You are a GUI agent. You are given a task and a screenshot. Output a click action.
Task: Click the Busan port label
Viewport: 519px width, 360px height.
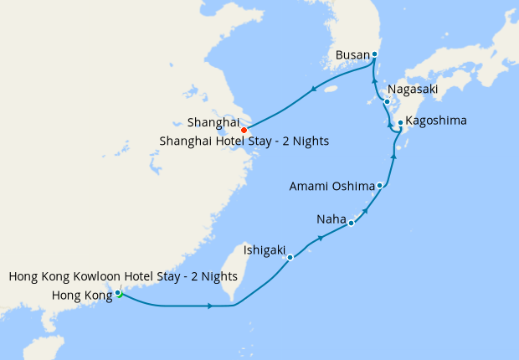coord(352,55)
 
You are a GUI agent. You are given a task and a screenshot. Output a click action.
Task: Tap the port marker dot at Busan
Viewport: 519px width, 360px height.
coord(374,54)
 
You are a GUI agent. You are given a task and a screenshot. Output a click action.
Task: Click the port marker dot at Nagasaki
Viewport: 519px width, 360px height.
coord(387,102)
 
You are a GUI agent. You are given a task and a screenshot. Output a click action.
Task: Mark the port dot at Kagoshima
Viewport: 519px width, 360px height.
coord(400,123)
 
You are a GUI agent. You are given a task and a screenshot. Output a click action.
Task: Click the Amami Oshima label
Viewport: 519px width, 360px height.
coord(333,185)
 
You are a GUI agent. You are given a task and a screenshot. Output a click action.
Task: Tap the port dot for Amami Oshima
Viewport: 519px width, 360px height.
coord(380,185)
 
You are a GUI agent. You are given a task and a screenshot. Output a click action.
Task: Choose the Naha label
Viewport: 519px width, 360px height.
coord(331,219)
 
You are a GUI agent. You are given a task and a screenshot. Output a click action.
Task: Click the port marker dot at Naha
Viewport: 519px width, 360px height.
coord(352,223)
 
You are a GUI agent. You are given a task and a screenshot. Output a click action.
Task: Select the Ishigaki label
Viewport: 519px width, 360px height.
coord(265,249)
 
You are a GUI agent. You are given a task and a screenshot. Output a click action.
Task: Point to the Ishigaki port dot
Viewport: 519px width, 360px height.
coord(290,257)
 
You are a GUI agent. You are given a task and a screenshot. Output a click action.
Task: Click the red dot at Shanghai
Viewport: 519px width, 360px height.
coord(244,130)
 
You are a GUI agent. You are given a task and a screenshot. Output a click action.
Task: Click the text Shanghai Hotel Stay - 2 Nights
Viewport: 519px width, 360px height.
coord(244,141)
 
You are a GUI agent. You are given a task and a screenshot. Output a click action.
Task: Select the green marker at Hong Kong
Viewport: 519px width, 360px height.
coord(119,293)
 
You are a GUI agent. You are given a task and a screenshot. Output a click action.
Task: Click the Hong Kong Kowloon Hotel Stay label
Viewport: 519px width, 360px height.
coord(123,276)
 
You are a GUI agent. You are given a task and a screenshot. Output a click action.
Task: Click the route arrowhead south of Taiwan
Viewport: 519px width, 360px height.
coord(208,306)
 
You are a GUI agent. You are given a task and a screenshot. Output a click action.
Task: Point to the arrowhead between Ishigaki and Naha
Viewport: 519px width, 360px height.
coord(321,238)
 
